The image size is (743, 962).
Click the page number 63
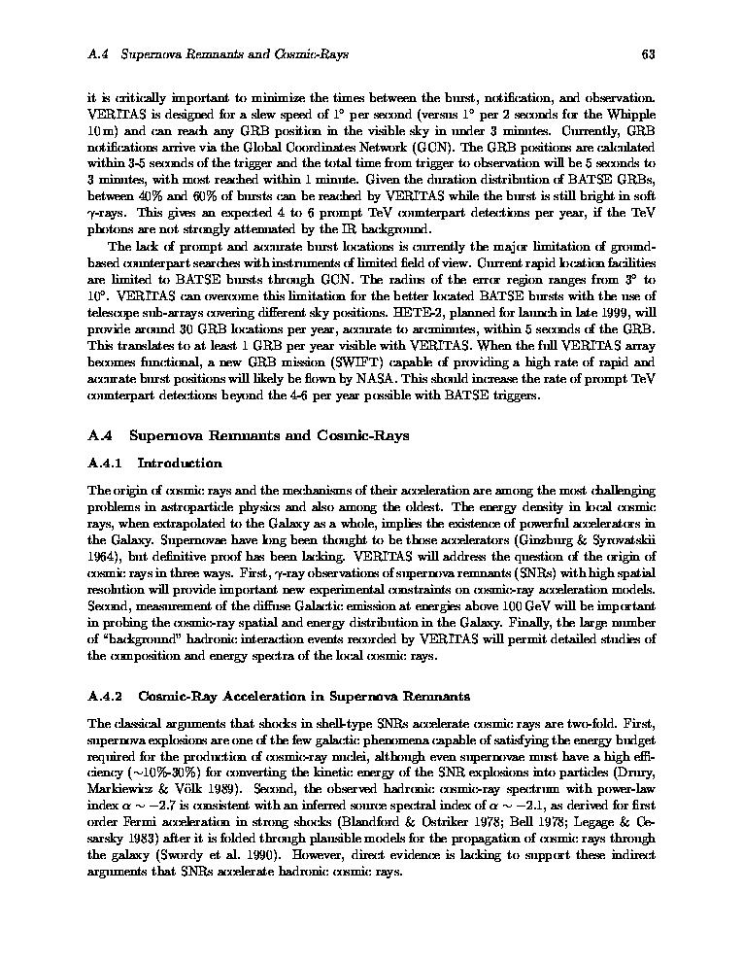tap(649, 54)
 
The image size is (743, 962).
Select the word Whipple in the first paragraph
tap(632, 114)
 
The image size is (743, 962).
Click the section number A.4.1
tap(104, 463)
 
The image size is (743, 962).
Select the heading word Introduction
tap(180, 463)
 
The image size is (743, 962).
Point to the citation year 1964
tap(102, 557)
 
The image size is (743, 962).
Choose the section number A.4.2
tap(104, 696)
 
